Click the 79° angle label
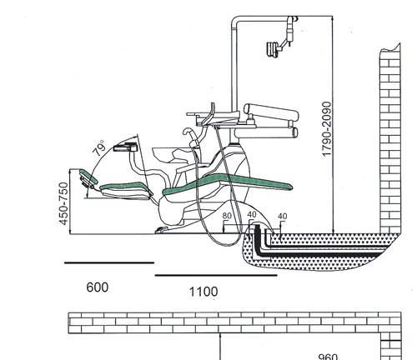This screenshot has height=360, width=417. pyautogui.click(x=99, y=148)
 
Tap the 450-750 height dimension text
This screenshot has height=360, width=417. pyautogui.click(x=63, y=203)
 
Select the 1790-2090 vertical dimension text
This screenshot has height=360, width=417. pyautogui.click(x=327, y=129)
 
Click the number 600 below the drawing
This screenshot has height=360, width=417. pyautogui.click(x=98, y=287)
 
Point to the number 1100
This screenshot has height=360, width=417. pyautogui.click(x=203, y=292)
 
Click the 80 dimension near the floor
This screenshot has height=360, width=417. pyautogui.click(x=227, y=216)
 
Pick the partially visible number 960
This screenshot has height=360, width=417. pyautogui.click(x=328, y=357)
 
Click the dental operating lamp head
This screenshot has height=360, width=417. pyautogui.click(x=273, y=49)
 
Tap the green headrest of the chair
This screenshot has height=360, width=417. pyautogui.click(x=89, y=177)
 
